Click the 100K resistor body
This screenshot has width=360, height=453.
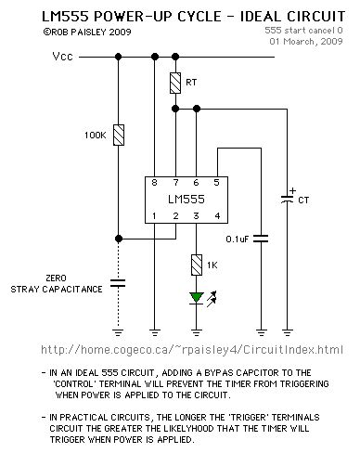(118, 136)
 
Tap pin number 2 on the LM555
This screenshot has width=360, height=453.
(176, 216)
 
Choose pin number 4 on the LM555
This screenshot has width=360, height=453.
(217, 216)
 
